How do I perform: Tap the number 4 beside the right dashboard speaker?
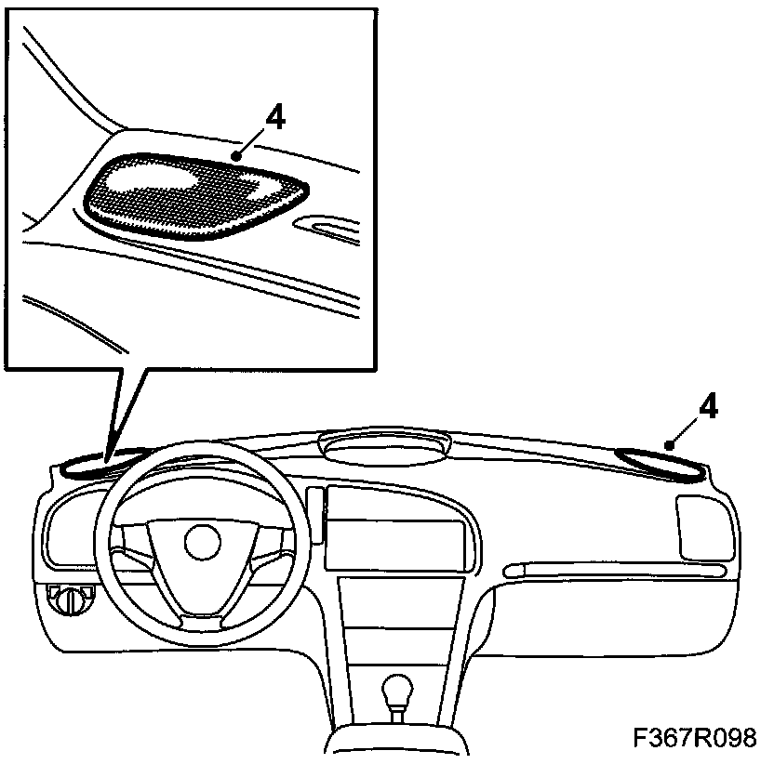708,407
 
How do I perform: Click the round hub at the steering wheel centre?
202,542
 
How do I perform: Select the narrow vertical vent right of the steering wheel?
317,515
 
